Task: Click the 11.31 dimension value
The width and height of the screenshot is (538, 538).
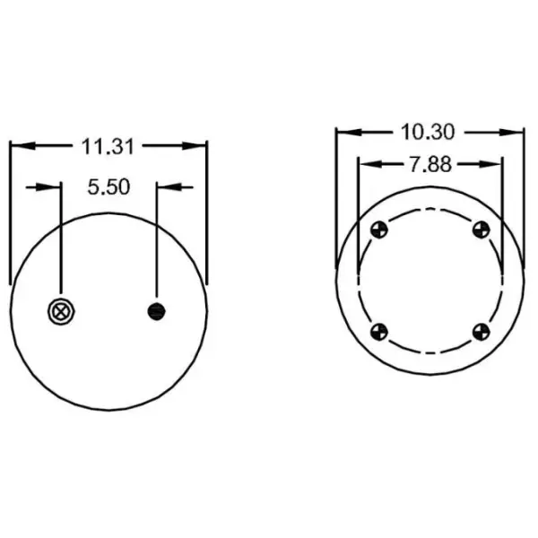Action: [108, 143]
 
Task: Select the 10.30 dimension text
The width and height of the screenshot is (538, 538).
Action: [429, 132]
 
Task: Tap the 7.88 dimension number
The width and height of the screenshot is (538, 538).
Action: [429, 164]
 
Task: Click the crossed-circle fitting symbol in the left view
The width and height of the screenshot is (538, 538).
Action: [61, 311]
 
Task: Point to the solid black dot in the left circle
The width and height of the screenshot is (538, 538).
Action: [156, 311]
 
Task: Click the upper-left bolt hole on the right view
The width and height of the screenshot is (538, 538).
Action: [378, 230]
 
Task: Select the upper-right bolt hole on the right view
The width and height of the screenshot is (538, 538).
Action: [481, 230]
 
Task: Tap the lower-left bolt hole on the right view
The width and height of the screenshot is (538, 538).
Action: [378, 332]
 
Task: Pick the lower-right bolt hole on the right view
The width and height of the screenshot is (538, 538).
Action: [481, 332]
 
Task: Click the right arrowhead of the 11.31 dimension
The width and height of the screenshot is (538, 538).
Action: [198, 143]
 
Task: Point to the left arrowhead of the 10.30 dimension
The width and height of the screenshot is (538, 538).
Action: [344, 133]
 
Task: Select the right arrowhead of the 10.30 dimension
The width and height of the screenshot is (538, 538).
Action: [516, 133]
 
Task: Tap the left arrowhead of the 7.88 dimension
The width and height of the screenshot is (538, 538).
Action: [365, 164]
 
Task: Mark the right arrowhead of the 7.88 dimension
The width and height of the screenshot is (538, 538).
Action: [494, 164]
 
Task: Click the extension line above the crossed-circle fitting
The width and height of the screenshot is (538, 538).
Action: [61, 242]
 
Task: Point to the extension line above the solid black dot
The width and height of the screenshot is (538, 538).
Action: [156, 242]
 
